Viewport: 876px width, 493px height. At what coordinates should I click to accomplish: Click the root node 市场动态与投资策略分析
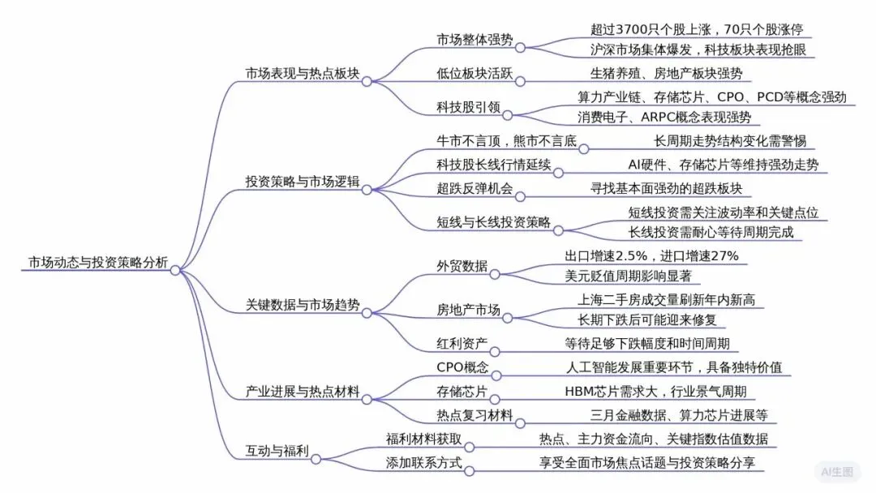point(98,263)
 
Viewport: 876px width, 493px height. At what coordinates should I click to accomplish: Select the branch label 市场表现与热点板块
point(303,74)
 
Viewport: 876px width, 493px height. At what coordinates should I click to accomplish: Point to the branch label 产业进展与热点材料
point(303,392)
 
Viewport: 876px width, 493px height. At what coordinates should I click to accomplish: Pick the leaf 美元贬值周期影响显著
point(628,276)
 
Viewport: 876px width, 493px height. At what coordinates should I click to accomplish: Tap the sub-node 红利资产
point(462,344)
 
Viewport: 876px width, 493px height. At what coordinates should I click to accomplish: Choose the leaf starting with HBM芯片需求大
point(659,392)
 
